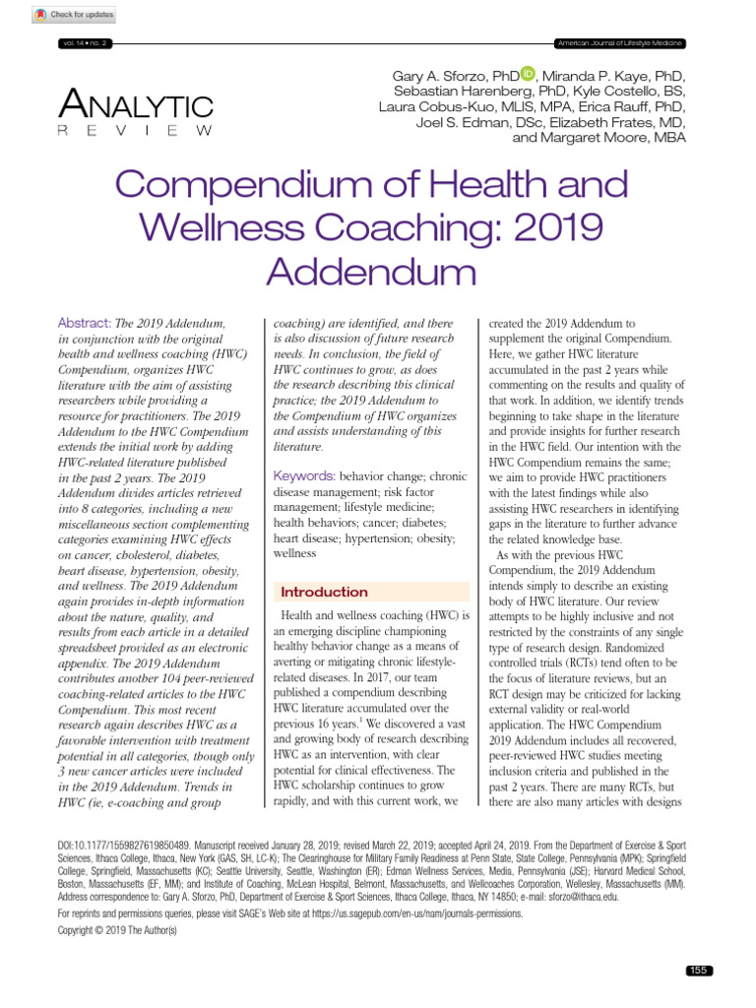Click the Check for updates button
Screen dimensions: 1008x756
74,15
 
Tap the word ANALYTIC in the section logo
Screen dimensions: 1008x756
136,105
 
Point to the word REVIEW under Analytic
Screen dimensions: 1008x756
135,131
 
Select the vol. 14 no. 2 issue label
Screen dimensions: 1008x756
88,44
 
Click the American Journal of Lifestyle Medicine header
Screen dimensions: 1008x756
620,44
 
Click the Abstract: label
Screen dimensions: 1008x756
86,323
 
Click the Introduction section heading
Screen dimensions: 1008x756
325,592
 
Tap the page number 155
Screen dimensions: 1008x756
699,971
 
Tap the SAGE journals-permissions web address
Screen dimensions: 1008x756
414,914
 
